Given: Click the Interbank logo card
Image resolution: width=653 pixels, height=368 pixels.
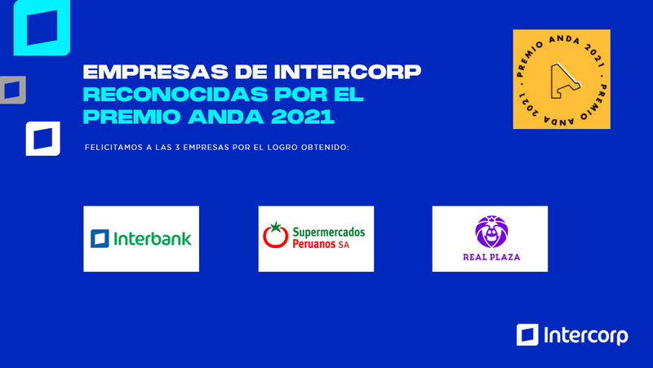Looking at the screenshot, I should [141, 238].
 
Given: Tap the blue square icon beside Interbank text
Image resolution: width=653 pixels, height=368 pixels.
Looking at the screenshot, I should [100, 239].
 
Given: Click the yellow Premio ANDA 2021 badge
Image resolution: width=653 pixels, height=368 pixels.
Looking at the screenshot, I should [562, 79].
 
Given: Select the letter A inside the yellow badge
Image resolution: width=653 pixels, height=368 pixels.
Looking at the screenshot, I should [562, 78].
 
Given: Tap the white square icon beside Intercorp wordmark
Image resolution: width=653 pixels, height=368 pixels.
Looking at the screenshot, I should [527, 335].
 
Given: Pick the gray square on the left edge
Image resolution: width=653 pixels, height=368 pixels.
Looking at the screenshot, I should [11, 90].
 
